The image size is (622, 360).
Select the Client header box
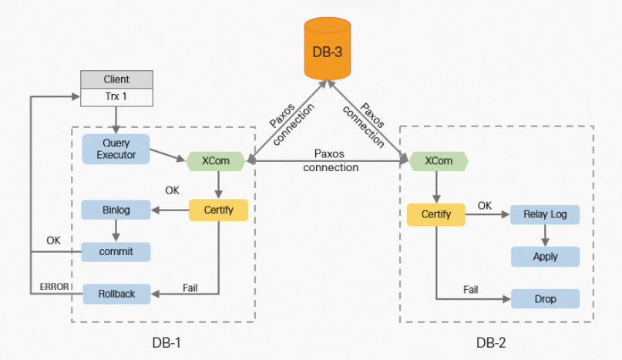click(116, 79)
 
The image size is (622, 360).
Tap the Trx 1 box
click(116, 97)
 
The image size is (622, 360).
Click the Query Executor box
click(116, 149)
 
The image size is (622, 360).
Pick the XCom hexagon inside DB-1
click(217, 161)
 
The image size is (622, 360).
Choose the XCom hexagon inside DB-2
click(439, 161)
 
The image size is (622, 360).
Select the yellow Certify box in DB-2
click(435, 214)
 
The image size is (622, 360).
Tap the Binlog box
click(116, 209)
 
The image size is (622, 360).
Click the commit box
click(116, 251)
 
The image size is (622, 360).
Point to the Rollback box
click(116, 294)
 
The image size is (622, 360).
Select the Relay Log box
click(545, 214)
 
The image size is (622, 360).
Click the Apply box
click(545, 256)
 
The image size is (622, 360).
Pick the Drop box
click(545, 298)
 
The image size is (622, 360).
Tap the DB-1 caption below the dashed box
click(166, 341)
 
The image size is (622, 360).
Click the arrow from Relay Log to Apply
click(545, 235)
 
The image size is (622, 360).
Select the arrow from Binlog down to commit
click(116, 230)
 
